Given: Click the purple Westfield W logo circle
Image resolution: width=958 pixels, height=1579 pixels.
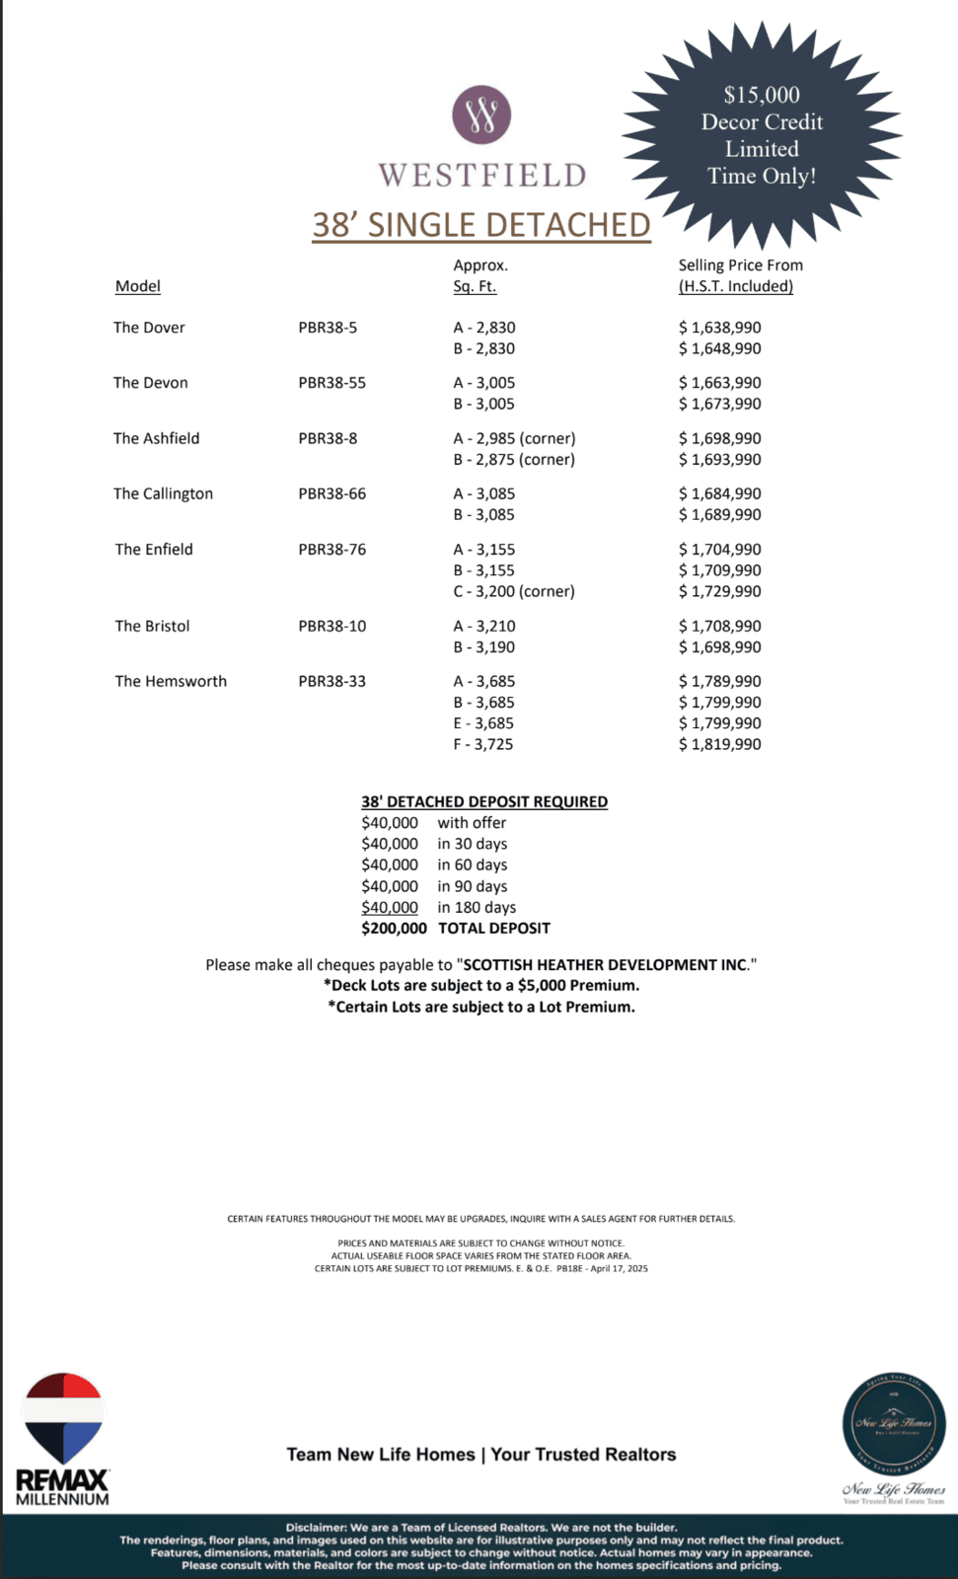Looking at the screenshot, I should [481, 114].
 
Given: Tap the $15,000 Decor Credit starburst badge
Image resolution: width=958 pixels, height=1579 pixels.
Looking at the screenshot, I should [762, 135].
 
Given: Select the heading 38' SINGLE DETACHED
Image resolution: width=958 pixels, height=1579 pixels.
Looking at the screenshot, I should [481, 225].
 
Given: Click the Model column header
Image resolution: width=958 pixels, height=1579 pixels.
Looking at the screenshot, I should [137, 286].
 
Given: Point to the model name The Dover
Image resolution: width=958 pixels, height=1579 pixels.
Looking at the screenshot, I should [149, 328].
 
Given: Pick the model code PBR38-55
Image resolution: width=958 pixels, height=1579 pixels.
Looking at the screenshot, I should [332, 383].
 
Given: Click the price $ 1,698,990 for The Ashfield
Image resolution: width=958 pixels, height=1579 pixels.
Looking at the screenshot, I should [719, 438].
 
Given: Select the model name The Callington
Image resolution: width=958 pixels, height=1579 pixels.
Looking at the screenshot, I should [163, 493].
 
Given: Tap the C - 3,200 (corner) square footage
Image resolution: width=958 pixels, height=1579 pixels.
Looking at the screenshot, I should [513, 591].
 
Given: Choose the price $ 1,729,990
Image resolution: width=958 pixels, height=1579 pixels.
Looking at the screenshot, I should [719, 591].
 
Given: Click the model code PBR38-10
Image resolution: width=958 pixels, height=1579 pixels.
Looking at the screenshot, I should [332, 626].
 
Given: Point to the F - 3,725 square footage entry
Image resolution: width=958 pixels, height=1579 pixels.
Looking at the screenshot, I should [482, 744].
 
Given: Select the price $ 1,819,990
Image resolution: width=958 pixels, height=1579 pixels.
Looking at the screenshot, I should [719, 744].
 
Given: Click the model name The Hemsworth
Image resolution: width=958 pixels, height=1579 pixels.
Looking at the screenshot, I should [171, 681].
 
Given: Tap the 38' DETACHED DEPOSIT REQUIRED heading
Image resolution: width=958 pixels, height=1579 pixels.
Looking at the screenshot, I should [483, 801].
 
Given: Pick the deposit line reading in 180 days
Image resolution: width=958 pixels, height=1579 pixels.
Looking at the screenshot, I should [477, 907].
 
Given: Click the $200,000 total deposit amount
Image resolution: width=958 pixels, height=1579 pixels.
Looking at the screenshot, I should [394, 928].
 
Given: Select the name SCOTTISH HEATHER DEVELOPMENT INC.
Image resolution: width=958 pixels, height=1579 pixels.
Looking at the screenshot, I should [605, 964].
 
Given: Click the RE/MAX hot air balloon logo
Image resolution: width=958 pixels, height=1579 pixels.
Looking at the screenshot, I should [63, 1417].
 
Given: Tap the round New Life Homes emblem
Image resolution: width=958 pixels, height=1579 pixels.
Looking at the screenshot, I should [893, 1422].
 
